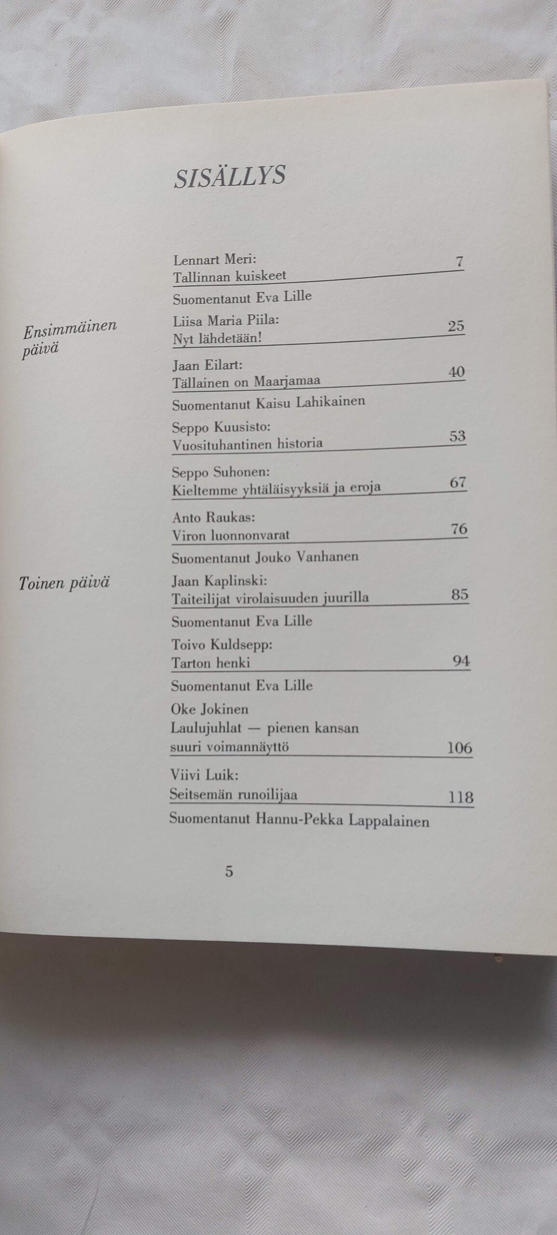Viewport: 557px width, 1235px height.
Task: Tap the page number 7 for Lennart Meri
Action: tap(459, 262)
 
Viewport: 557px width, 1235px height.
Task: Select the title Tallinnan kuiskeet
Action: tap(229, 276)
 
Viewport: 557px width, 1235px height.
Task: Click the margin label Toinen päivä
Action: tap(64, 583)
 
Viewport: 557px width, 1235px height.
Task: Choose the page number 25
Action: tap(456, 326)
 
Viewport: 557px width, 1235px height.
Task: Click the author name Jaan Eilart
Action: tap(207, 365)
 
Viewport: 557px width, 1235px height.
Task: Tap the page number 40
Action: tap(456, 371)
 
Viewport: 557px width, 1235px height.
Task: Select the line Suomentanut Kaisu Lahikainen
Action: tap(268, 402)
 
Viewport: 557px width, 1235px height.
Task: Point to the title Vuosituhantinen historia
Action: tap(247, 444)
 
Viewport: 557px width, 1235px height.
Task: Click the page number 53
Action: tap(457, 436)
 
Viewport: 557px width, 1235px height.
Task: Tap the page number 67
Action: tap(458, 482)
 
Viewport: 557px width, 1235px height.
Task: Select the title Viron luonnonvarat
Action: tap(231, 535)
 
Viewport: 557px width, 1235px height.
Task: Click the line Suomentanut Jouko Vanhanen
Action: tap(265, 557)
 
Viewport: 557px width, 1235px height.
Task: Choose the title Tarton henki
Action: tap(210, 663)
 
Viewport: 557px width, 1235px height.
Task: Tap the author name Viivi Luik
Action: tap(204, 775)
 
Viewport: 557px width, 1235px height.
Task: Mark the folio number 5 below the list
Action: tap(229, 872)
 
